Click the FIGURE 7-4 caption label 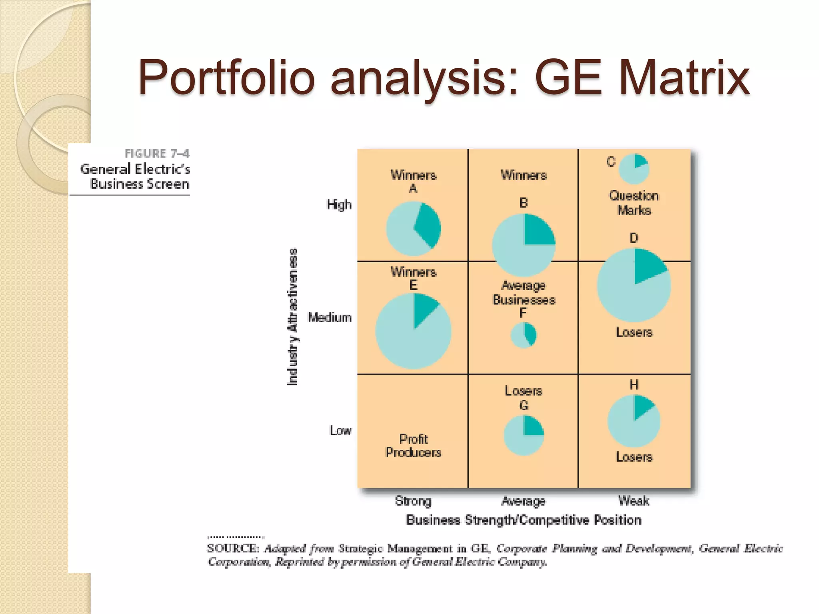tap(157, 153)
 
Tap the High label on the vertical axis tap(339, 204)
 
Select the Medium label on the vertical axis tap(330, 317)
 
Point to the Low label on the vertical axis tap(340, 430)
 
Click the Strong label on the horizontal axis tap(413, 501)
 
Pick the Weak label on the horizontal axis tap(633, 500)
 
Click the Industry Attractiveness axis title tap(293, 317)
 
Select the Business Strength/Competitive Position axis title tap(523, 520)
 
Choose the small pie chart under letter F tap(523, 335)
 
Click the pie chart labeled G tap(523, 436)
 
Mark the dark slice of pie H tap(642, 405)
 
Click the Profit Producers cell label tap(413, 446)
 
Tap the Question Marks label tap(633, 203)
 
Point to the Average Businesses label tap(523, 293)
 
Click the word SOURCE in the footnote tap(233, 548)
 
